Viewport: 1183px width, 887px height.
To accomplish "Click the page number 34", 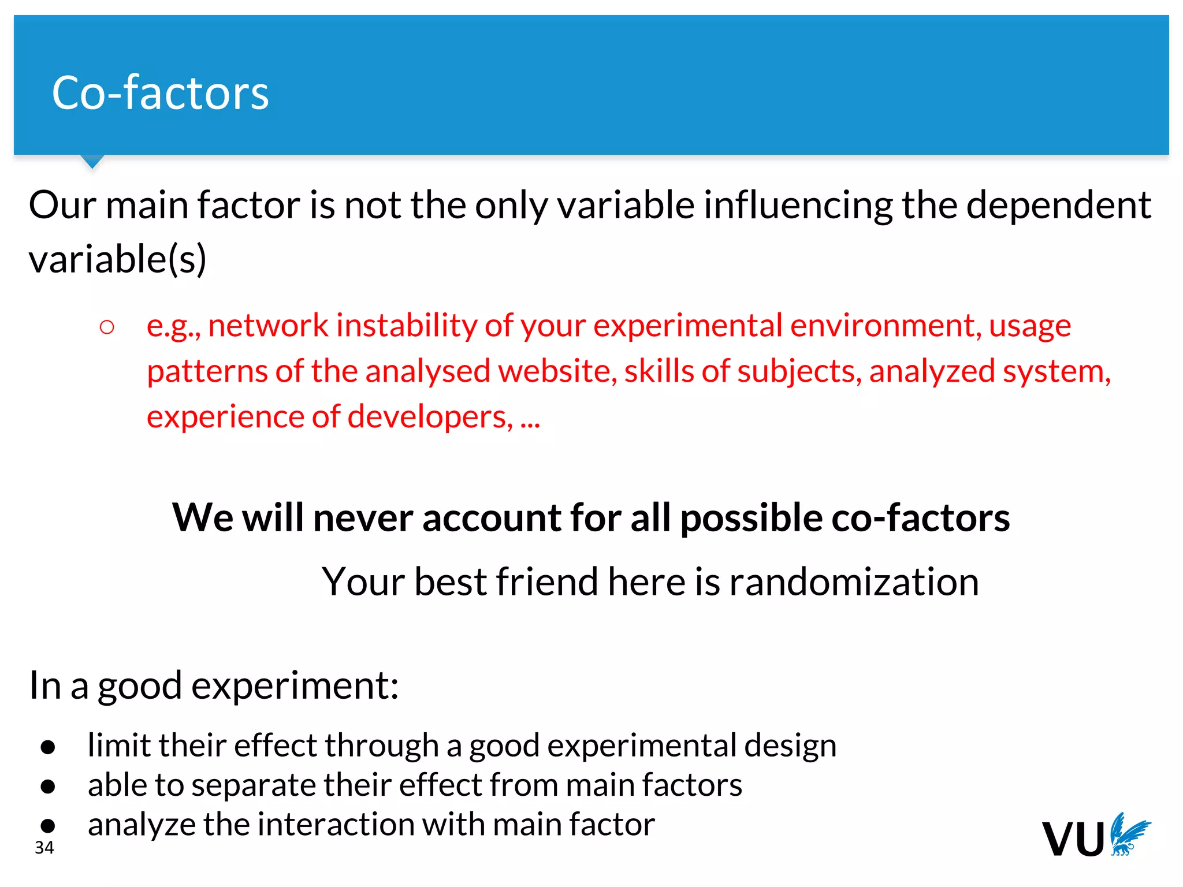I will tap(44, 848).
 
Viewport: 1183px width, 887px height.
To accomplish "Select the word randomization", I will tap(854, 582).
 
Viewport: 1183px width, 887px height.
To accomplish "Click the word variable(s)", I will tap(117, 259).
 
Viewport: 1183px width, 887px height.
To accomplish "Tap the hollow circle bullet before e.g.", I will tap(107, 327).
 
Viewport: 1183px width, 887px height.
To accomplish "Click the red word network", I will tap(268, 325).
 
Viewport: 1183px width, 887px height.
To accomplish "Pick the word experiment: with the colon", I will tap(295, 686).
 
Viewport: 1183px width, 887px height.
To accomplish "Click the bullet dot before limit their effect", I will tap(48, 747).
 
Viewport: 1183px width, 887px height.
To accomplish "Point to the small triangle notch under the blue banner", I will tap(92, 161).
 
